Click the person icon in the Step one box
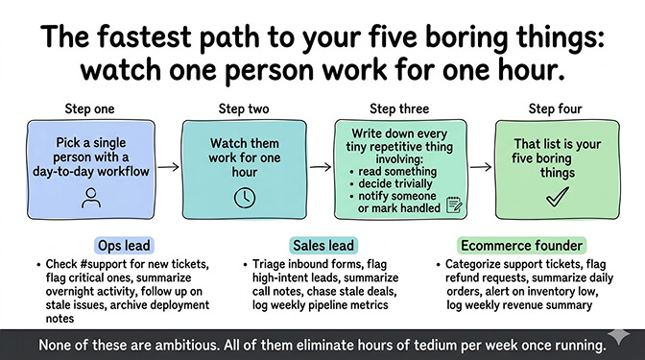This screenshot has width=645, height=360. (x=93, y=198)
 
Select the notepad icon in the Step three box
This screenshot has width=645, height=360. (x=454, y=204)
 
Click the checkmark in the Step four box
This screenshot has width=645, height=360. (x=557, y=197)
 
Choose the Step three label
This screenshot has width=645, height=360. (x=399, y=108)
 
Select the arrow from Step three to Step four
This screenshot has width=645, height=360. (x=480, y=166)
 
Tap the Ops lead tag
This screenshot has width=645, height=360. (x=123, y=245)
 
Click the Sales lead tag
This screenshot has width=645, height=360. (x=322, y=245)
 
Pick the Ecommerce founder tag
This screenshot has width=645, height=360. (x=521, y=245)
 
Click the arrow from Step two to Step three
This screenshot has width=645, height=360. (x=322, y=166)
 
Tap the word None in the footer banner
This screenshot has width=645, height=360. (x=56, y=343)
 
